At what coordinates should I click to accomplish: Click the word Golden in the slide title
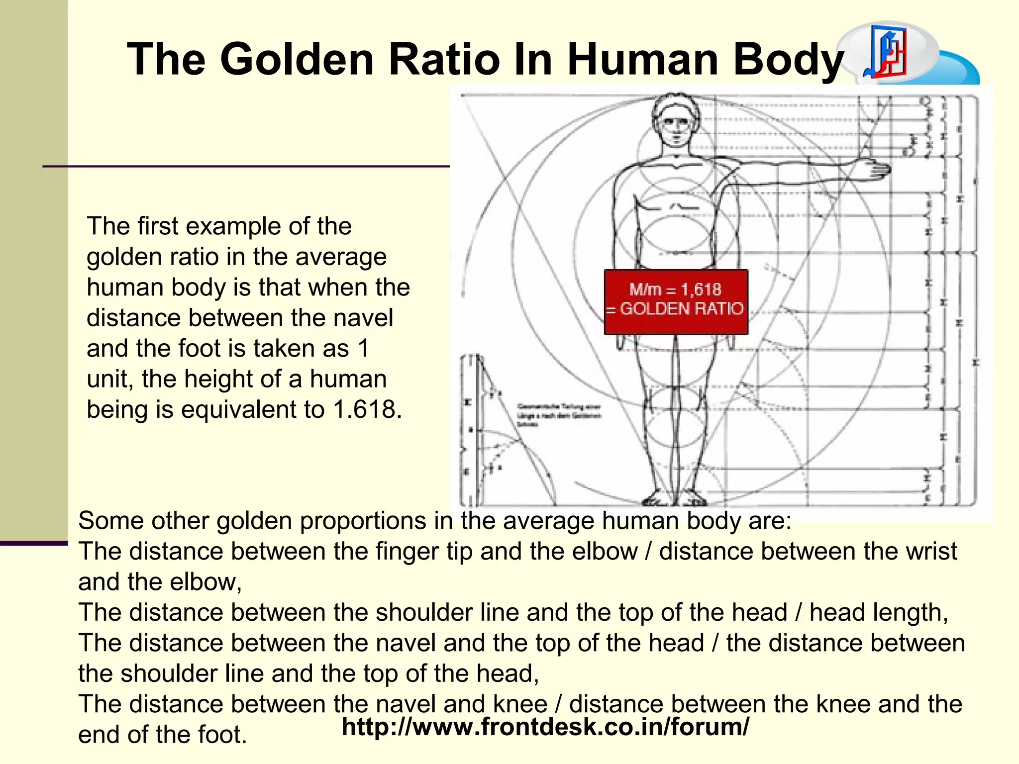pyautogui.click(x=297, y=59)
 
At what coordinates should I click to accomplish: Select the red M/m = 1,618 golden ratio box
pyautogui.click(x=676, y=301)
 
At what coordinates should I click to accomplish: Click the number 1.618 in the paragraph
pyautogui.click(x=366, y=409)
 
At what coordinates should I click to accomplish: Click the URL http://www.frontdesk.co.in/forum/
pyautogui.click(x=545, y=727)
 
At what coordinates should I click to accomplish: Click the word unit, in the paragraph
pyautogui.click(x=110, y=379)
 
